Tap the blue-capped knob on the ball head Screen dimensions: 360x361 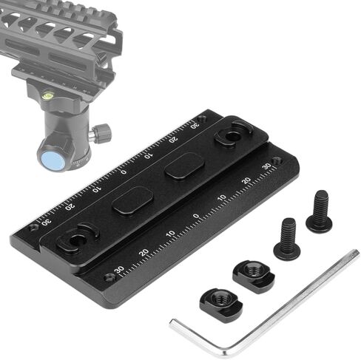(53, 161)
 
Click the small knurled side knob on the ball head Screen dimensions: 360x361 (100, 134)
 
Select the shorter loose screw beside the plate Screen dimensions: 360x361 (287, 239)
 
